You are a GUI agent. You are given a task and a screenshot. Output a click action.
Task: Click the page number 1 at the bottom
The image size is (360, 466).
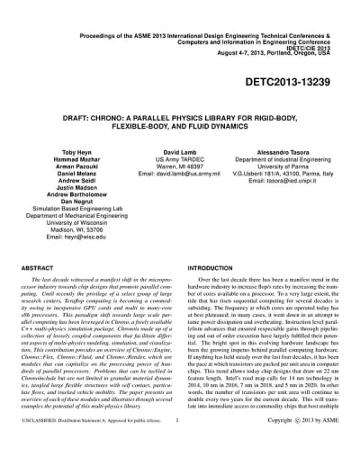[179, 444]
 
